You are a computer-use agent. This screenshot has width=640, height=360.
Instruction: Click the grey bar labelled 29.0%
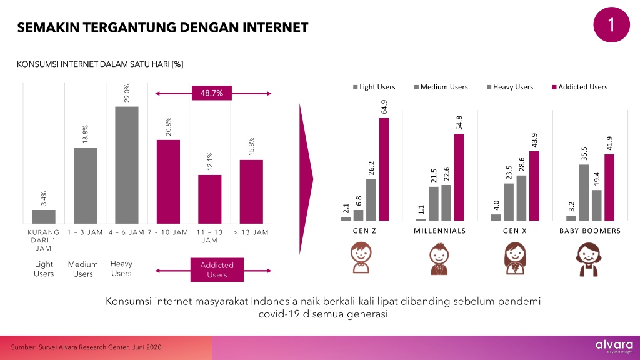[x=126, y=165]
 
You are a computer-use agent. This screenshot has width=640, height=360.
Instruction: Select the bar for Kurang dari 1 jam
[x=44, y=217]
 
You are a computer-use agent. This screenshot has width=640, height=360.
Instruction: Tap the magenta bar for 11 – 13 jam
[x=210, y=199]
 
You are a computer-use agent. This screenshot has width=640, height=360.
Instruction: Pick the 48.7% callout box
[x=212, y=93]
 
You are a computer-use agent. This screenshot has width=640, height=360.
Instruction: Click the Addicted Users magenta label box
[x=217, y=270]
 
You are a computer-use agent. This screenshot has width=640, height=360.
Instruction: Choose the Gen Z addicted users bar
[x=384, y=169]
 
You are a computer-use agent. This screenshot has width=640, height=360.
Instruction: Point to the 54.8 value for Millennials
[x=459, y=123]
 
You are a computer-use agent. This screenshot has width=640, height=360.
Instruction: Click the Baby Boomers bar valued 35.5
[x=584, y=192]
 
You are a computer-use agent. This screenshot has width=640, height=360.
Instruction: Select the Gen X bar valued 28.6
[x=521, y=198]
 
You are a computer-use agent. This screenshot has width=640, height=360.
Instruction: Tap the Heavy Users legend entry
[x=510, y=87]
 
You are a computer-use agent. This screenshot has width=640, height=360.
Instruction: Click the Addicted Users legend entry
[x=579, y=87]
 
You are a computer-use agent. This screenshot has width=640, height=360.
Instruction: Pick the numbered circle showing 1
[x=611, y=24]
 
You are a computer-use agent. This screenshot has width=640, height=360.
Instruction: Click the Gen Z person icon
[x=361, y=257]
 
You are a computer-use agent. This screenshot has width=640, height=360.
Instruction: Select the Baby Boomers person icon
[x=589, y=259]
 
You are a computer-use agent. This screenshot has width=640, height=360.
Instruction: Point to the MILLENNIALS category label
[x=439, y=231]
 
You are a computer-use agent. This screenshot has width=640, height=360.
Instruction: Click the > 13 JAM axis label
[x=251, y=232]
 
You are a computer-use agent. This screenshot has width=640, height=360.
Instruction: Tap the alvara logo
[x=614, y=346]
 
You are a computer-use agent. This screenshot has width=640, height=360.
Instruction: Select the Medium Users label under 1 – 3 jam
[x=83, y=269]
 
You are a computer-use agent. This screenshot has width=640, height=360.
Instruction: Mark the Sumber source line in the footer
[x=86, y=347]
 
